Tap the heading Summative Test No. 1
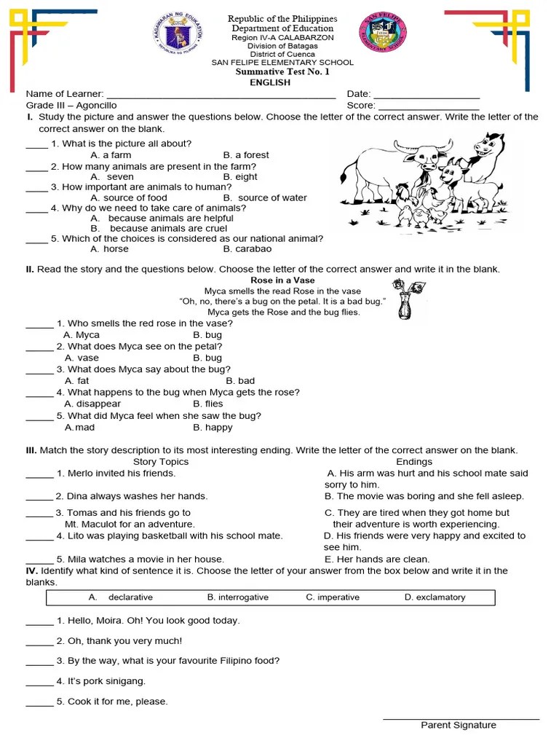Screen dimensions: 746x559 click(x=282, y=72)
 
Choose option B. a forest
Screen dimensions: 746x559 click(x=246, y=155)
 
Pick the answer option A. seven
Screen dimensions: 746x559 click(x=112, y=176)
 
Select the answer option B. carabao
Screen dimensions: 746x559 click(x=247, y=248)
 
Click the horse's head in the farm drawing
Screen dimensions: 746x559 click(x=487, y=145)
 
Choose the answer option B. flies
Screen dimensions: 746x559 click(x=208, y=404)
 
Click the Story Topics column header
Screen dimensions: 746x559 click(x=161, y=461)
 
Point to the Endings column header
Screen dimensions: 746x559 click(x=414, y=461)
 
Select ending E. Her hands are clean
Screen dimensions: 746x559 click(x=377, y=559)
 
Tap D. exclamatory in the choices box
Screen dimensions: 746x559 click(x=435, y=597)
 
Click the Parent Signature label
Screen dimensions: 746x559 click(x=459, y=725)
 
